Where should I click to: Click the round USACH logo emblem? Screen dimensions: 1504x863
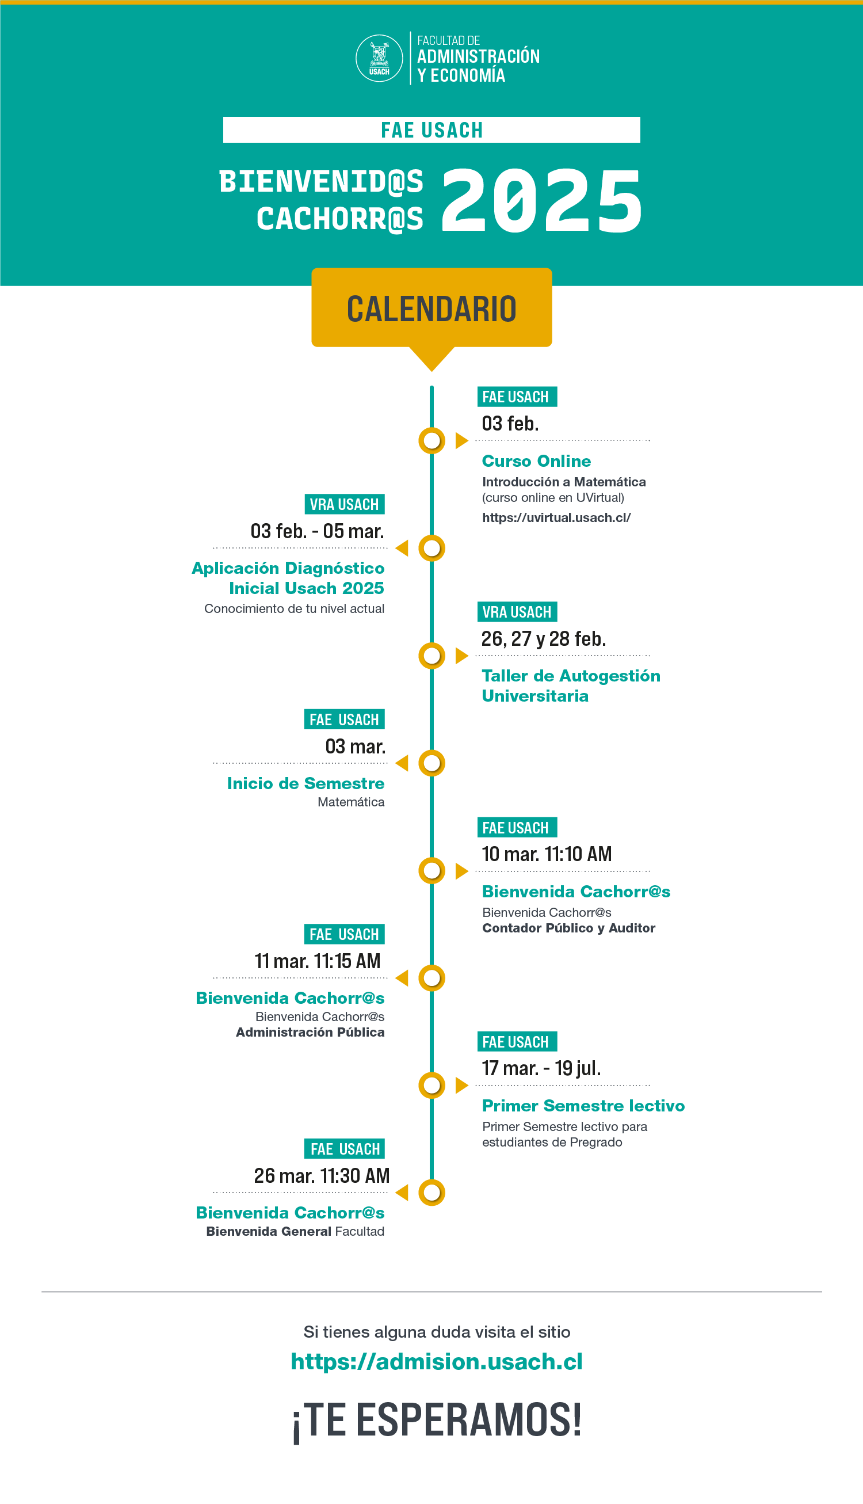(379, 58)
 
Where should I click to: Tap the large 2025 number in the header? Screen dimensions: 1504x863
(541, 200)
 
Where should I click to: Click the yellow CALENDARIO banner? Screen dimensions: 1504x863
(431, 309)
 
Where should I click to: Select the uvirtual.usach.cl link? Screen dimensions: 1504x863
(556, 517)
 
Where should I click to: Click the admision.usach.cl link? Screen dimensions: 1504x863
(436, 1362)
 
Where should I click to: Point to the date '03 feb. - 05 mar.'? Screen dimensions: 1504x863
(317, 531)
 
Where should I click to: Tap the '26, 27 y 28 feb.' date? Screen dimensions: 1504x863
(543, 638)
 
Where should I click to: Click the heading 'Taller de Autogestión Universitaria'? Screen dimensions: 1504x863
(570, 686)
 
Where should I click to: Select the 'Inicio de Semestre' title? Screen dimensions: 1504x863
(306, 783)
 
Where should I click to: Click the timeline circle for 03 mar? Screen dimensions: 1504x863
(431, 763)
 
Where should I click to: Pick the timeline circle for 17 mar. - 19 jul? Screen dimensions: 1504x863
(431, 1085)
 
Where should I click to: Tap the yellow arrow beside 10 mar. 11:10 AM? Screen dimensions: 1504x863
(461, 871)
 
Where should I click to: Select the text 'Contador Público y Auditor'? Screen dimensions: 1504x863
(568, 928)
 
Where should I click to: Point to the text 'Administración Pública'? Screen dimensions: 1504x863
(310, 1032)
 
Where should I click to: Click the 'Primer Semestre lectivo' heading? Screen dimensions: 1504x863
(583, 1106)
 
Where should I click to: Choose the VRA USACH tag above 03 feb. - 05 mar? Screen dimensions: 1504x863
(344, 504)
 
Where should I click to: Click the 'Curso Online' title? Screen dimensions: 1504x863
(536, 460)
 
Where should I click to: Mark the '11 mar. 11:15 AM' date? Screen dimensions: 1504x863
(317, 961)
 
